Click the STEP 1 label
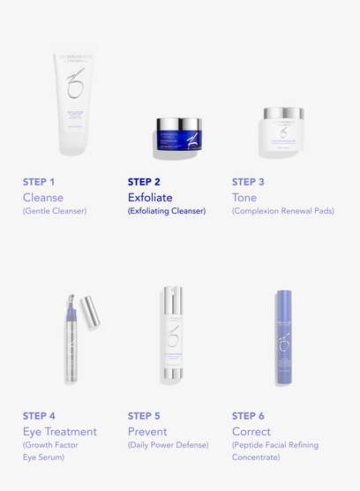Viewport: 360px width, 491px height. coord(39,182)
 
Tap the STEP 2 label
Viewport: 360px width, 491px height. coord(144,182)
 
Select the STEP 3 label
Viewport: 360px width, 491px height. coord(248,182)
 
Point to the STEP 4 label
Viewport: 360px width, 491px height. coord(39,416)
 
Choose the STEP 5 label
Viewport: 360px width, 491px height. coord(144,416)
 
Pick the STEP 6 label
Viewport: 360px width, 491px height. coord(248,416)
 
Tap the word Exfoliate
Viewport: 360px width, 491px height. coord(150,197)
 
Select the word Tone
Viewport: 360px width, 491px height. coord(244,197)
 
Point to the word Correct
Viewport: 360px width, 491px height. coord(251,431)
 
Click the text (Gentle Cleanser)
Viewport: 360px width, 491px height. coord(55,211)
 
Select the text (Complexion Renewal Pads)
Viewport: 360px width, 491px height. coord(282,211)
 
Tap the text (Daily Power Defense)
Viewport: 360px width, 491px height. coord(168,445)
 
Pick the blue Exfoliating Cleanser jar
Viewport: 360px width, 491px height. coord(180,138)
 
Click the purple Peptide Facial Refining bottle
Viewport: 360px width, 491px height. coord(284,337)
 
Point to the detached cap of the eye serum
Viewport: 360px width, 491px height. coord(87,308)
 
